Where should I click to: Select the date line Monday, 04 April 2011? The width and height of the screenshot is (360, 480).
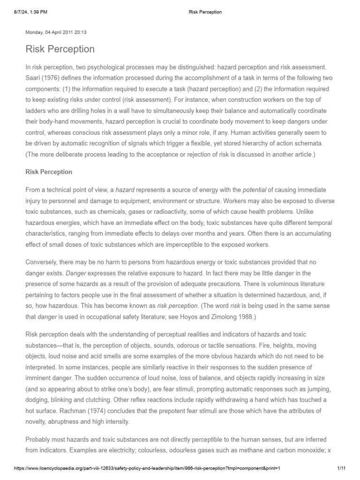point(56,33)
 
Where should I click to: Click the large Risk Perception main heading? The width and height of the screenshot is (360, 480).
point(60,49)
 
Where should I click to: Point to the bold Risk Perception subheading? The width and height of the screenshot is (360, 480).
point(49,172)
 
